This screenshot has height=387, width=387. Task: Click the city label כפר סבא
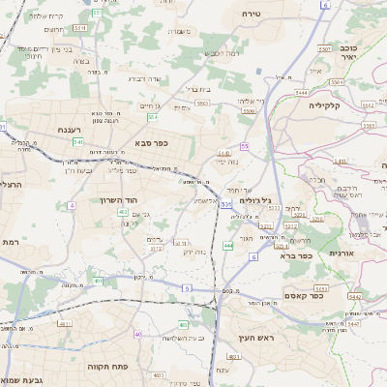[154, 144]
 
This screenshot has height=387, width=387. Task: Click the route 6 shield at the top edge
[325, 5]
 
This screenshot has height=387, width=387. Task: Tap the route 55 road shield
[246, 146]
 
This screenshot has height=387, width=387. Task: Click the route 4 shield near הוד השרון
[72, 205]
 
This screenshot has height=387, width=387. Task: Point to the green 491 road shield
[98, 281]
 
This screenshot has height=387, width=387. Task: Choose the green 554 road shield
[153, 117]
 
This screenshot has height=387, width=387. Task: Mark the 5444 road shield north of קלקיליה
[302, 93]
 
